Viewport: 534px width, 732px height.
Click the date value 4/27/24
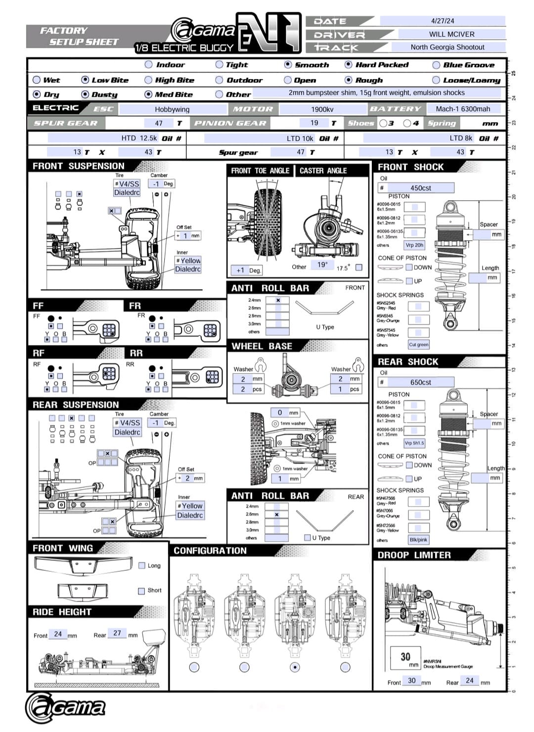point(442,21)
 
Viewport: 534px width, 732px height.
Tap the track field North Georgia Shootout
point(447,47)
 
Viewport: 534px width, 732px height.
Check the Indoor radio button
point(149,64)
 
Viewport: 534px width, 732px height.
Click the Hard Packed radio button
point(349,64)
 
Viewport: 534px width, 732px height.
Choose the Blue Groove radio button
point(436,65)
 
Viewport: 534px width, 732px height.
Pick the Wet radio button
point(37,80)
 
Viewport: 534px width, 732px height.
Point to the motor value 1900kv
point(322,109)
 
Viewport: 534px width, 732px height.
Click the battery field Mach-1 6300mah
point(463,109)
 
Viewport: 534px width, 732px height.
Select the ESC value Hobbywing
point(172,109)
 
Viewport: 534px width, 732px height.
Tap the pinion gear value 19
point(314,123)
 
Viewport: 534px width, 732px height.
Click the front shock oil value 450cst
point(420,188)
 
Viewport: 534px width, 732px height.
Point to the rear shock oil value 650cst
point(420,382)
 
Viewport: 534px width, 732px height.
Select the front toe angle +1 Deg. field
point(247,270)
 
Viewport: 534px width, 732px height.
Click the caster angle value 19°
point(322,265)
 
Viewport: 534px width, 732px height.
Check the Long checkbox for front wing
point(142,565)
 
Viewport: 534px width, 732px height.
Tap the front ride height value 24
point(58,634)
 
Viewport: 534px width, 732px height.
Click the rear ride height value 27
point(117,633)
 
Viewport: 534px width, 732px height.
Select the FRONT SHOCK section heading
point(410,167)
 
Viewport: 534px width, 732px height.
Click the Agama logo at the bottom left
point(65,707)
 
